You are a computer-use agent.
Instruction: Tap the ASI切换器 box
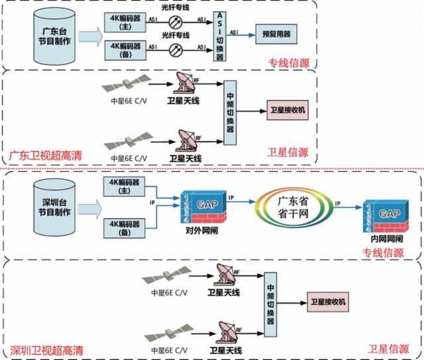[x=219, y=36]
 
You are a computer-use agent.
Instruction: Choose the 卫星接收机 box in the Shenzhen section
[x=328, y=302]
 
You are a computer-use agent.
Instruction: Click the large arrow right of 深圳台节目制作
[x=89, y=207]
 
